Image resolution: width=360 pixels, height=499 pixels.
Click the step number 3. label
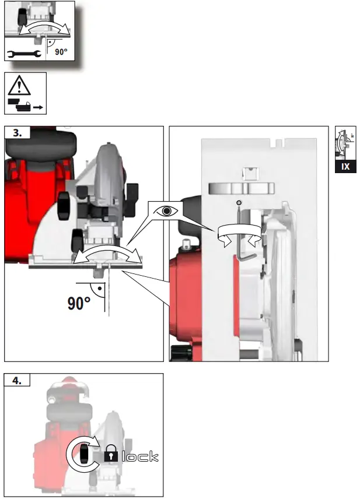[x=18, y=133]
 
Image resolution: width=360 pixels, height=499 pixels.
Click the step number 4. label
[x=18, y=380]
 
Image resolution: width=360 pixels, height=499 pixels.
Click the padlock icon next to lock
[x=111, y=456]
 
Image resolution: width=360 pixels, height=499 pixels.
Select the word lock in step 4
[x=139, y=455]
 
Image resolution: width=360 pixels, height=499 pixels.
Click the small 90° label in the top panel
[x=61, y=52]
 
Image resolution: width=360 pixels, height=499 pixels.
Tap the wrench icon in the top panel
[x=23, y=55]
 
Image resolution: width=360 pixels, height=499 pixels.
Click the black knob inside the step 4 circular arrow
[x=85, y=454]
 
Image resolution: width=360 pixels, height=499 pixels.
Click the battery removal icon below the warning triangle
[x=25, y=106]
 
